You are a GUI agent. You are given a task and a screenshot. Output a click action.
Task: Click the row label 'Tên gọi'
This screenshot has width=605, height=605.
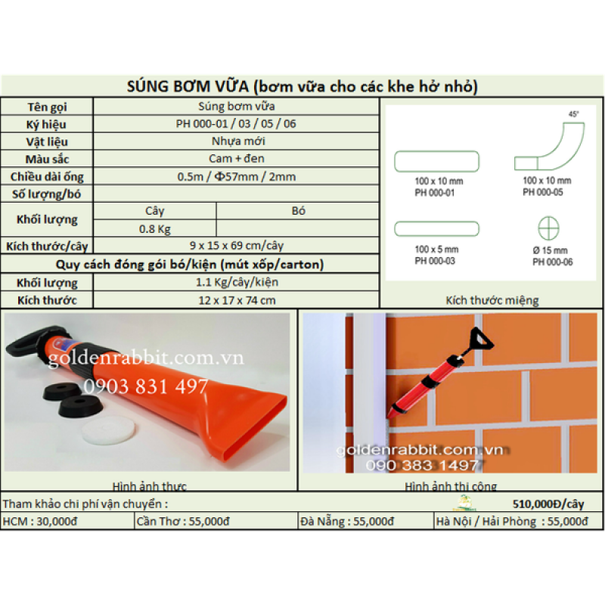coord(47,107)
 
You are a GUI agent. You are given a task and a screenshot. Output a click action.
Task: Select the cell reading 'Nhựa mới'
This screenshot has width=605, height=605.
coord(238,141)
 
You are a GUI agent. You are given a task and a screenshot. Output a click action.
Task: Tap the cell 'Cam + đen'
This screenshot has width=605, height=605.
coord(237,158)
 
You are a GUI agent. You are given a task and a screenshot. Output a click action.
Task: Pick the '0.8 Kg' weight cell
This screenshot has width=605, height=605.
coord(155,229)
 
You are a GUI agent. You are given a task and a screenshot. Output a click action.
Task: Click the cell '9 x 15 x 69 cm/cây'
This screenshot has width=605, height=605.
coord(237,245)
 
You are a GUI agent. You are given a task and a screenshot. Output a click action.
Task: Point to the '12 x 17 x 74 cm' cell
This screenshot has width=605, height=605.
coord(237,300)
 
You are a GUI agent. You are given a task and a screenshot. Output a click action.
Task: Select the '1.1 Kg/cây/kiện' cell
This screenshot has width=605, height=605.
coord(237,282)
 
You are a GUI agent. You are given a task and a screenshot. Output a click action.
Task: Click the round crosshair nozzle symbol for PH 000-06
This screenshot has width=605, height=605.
coord(548,228)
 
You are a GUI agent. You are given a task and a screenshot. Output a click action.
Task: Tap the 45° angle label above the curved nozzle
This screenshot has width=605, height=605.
coord(573,114)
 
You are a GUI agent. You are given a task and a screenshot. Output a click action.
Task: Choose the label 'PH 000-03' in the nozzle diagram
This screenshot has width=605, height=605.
coord(435,261)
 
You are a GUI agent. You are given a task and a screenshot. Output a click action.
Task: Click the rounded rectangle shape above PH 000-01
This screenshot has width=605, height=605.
coord(436,161)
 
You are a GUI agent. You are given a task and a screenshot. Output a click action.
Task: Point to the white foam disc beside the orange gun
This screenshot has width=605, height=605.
coord(108,430)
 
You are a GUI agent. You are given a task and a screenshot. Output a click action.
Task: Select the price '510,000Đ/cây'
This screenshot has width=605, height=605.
coord(548,504)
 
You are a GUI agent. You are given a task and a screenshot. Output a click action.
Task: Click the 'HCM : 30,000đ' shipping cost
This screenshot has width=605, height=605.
coord(40,521)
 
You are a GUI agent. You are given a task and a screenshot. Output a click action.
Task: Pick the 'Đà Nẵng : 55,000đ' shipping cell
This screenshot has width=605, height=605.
coord(347,521)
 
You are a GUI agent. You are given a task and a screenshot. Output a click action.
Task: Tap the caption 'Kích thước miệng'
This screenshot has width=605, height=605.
coord(492,300)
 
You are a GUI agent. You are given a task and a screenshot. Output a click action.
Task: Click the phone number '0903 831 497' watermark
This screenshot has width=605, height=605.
coord(146,386)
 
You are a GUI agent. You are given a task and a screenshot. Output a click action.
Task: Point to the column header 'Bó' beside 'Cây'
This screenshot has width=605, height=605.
coord(298,211)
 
